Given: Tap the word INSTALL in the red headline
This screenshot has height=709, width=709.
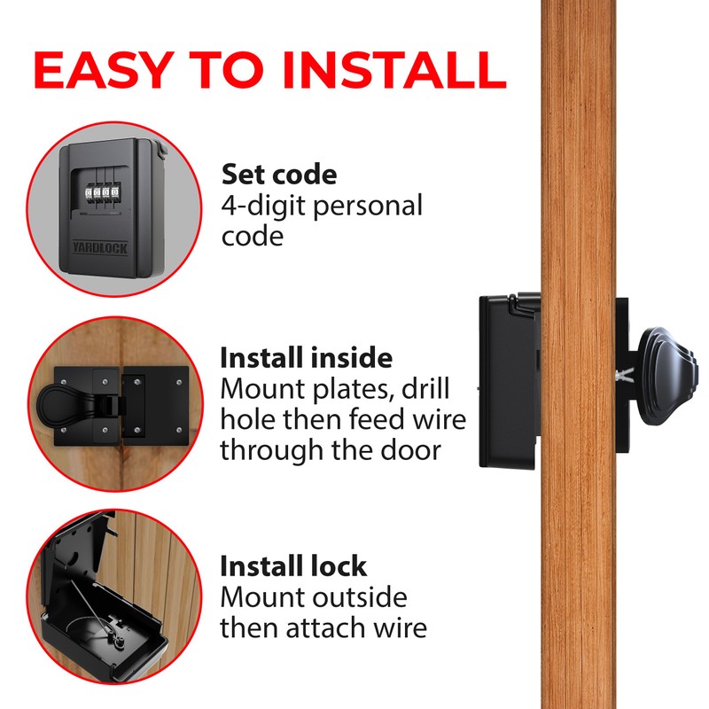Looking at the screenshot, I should click(x=390, y=70).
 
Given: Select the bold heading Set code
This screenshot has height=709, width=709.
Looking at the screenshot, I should click(x=279, y=174).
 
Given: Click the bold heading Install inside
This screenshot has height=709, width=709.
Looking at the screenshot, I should click(x=306, y=358).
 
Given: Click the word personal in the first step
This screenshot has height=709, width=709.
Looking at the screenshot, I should click(x=369, y=206).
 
